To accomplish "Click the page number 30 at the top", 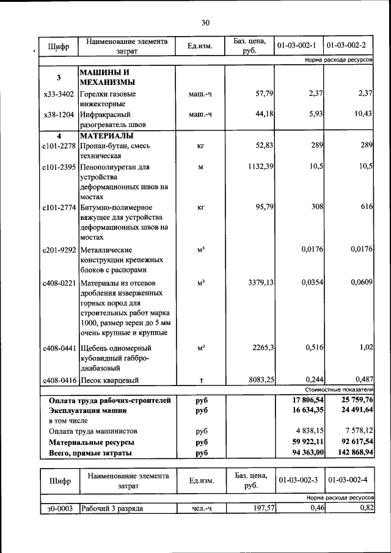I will pos(205,23).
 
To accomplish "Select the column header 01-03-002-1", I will pos(296,46).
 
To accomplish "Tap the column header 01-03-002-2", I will pos(346,46).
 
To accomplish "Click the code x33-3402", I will pos(59,94).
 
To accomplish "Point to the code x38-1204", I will pos(59,114).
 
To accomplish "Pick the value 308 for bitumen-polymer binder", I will pos(316,207).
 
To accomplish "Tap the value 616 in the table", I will pos(366,207).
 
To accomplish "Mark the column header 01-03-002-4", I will pos(346,481).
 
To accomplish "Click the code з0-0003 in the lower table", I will pos(59,508).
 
